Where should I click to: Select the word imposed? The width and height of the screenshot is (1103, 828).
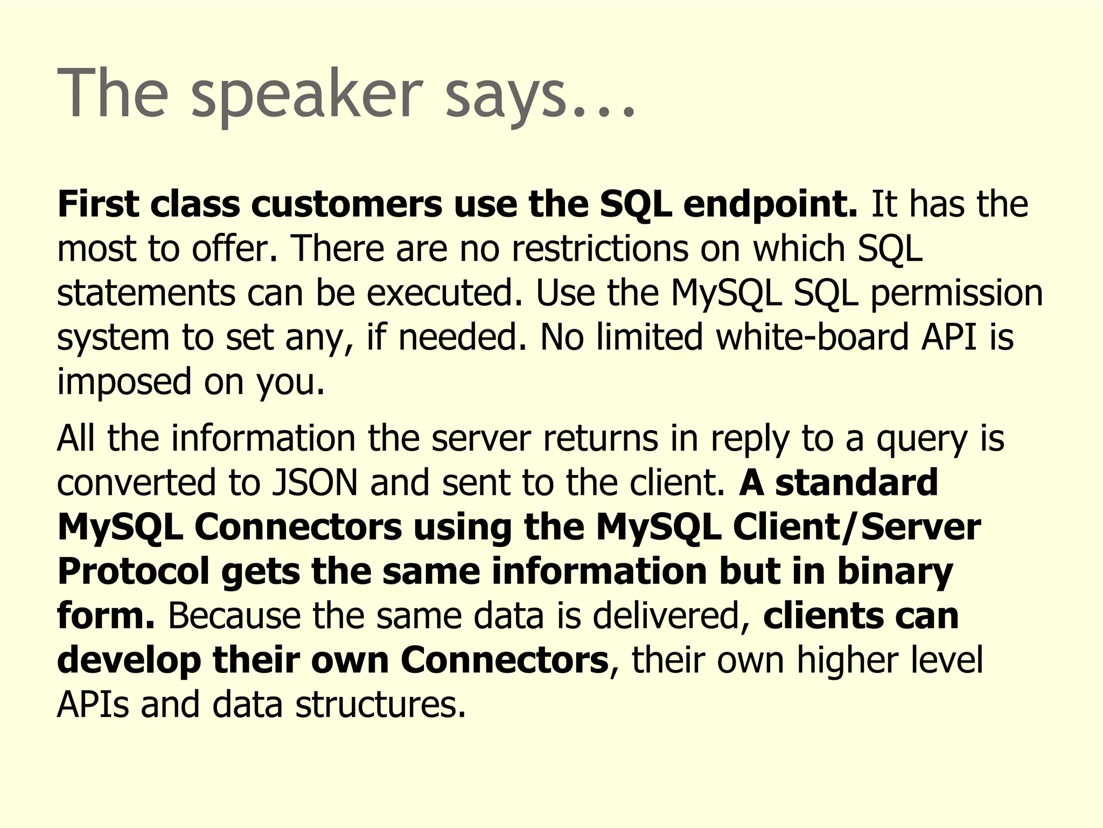(124, 383)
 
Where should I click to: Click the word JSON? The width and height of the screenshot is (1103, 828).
(315, 482)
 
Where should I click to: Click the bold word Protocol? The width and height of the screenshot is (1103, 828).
(133, 571)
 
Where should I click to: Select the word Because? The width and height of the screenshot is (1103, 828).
(234, 616)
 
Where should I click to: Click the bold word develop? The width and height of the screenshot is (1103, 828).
(128, 661)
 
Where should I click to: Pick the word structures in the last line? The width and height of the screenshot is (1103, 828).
(380, 705)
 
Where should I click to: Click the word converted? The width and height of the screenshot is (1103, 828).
(136, 482)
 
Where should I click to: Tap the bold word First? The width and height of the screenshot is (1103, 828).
(97, 205)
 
